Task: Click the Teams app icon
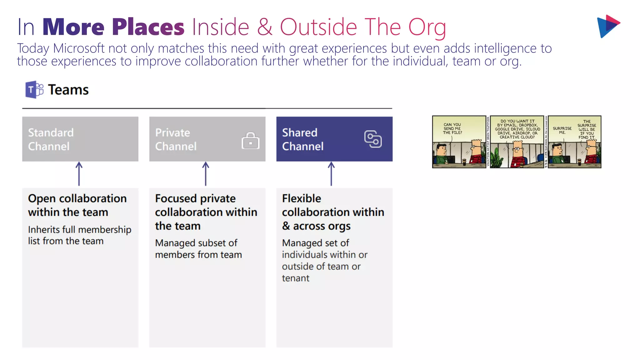point(34,90)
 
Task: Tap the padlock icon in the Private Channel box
point(250,141)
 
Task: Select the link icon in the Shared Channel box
point(373,139)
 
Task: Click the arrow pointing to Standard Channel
point(79,174)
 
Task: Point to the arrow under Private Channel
point(206,174)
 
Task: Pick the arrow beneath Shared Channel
point(331,174)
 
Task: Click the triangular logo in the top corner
point(608,26)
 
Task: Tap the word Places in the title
point(148,27)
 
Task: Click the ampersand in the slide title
point(264,27)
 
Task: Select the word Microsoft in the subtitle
point(79,48)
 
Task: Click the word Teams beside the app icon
point(68,90)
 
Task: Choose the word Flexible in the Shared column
point(302,198)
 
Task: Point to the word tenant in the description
point(296,278)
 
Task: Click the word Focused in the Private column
point(175,198)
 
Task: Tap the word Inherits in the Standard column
point(43,230)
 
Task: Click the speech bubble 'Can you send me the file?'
point(452,128)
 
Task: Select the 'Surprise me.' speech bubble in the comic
point(562,130)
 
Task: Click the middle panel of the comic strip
point(517,142)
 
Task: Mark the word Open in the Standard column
point(42,199)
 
